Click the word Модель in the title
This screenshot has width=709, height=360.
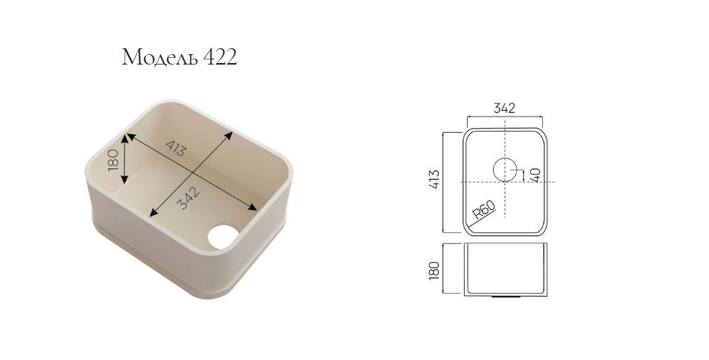[x=160, y=57]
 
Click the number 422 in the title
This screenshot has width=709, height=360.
[x=220, y=57]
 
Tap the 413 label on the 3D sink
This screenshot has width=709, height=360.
[x=175, y=148]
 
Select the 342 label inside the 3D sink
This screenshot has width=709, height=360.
[x=187, y=198]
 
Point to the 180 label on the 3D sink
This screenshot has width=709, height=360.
[x=113, y=160]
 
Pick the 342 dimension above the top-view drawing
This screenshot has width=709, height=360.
[x=504, y=108]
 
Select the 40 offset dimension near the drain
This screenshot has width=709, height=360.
[x=535, y=174]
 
